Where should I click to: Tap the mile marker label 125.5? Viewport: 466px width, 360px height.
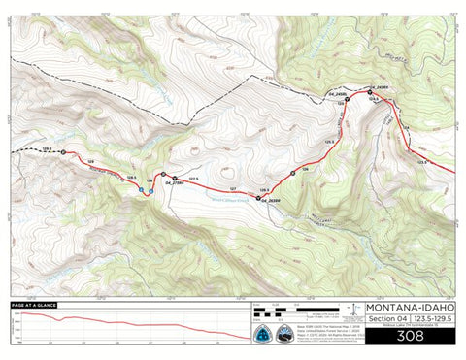pyautogui.click(x=329, y=142)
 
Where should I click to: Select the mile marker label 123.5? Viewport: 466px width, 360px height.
pyautogui.click(x=422, y=162)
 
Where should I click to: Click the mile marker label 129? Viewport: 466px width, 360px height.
pyautogui.click(x=90, y=162)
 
